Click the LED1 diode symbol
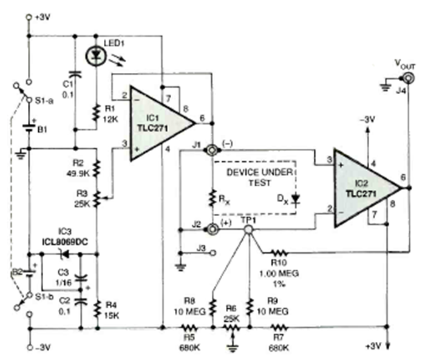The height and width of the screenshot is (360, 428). click(x=96, y=55)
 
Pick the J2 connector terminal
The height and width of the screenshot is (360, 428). click(x=212, y=229)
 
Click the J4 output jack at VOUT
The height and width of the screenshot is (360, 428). click(x=403, y=78)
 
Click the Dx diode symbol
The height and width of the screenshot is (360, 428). click(x=295, y=198)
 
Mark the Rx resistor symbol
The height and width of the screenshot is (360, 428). click(x=212, y=198)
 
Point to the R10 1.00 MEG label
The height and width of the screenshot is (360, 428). click(x=279, y=267)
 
